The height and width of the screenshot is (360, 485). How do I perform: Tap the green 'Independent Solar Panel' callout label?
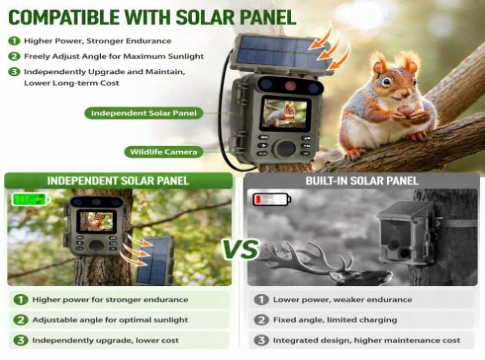pos(144,113)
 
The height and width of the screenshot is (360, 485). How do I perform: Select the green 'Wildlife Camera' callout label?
pos(163,152)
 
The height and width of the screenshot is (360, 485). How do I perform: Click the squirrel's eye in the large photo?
pos(386,81)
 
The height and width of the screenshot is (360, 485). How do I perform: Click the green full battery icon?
pos(31,199)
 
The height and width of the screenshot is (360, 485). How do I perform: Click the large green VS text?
pos(241,249)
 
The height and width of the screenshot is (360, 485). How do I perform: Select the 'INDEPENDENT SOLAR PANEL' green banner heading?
pos(118,181)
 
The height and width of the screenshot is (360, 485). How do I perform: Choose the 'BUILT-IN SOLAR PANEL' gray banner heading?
pos(362,181)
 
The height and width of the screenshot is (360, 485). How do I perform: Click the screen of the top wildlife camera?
pos(285,113)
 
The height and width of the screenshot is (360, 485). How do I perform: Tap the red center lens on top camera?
pos(290,86)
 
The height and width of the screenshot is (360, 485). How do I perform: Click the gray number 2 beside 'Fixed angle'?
pos(261,320)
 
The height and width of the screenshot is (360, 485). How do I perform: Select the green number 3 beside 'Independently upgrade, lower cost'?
pos(20,340)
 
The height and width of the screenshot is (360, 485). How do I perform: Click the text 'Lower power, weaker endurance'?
pos(342,300)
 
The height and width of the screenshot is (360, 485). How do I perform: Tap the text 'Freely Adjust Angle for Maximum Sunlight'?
pos(114,56)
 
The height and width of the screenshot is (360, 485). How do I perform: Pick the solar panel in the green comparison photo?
pos(155,261)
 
